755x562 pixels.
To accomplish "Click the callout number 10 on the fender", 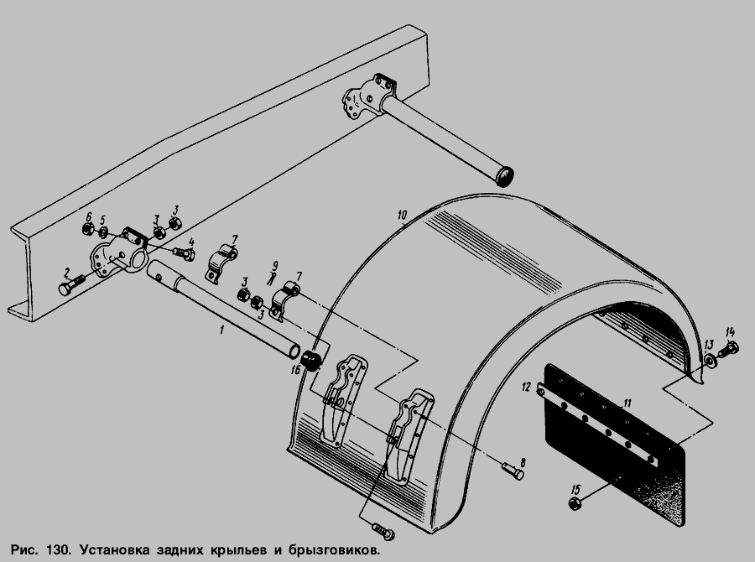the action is (x=403, y=215).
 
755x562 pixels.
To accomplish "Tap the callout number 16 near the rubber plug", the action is (x=295, y=370).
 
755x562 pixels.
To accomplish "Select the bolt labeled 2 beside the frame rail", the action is (x=72, y=284).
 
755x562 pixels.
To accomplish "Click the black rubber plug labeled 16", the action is (x=311, y=361).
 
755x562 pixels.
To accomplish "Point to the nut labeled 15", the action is (x=574, y=504).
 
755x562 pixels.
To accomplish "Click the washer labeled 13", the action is (x=711, y=361).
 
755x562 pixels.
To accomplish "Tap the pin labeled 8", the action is (x=513, y=470).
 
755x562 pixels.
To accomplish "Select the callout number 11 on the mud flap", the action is (x=627, y=403).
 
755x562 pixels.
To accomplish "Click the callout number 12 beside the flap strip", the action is (x=526, y=387).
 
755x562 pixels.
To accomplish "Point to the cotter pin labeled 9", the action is (x=271, y=278).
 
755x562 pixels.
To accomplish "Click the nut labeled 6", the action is (x=87, y=229).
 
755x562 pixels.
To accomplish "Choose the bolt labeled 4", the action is (x=184, y=253).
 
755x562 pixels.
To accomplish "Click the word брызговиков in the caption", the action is (x=334, y=550).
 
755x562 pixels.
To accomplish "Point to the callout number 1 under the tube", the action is (x=221, y=330).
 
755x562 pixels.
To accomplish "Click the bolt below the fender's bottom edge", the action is (x=383, y=531).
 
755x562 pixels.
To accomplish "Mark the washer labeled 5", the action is (x=103, y=233).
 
